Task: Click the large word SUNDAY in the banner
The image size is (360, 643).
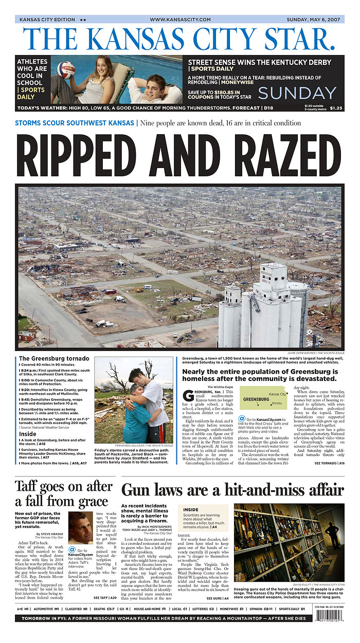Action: [297, 93]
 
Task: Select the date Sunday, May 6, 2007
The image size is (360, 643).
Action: [314, 20]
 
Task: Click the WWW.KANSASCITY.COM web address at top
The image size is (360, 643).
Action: [180, 20]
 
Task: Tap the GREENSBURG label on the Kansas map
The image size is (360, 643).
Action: [256, 399]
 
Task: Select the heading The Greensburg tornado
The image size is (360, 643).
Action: [54, 358]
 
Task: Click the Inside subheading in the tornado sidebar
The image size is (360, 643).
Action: [28, 434]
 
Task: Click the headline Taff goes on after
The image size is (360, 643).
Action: [63, 486]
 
